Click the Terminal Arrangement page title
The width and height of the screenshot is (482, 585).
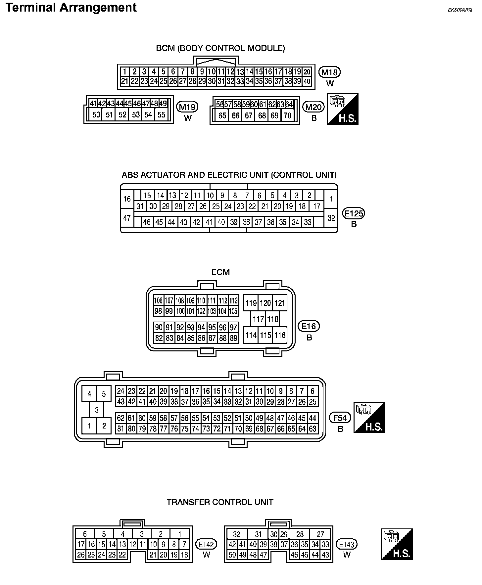71,7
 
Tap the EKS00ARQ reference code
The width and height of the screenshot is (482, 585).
460,10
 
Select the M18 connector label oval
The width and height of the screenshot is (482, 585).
330,72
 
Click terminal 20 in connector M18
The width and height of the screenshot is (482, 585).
307,72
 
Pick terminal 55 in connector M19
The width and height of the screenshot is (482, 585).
161,115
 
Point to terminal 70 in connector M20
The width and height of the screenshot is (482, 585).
287,115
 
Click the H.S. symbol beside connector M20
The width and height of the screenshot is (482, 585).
343,109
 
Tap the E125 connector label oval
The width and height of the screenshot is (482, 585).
354,214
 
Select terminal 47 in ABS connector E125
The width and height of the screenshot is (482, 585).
127,218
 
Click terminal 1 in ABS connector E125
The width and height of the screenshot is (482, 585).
331,199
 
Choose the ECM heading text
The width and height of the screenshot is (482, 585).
220,272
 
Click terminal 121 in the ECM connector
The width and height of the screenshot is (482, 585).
280,303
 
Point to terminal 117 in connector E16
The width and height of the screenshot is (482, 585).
258,319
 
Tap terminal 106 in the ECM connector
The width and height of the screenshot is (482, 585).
159,300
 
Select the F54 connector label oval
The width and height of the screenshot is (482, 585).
340,418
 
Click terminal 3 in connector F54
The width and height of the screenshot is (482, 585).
97,410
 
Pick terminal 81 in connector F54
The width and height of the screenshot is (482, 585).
120,429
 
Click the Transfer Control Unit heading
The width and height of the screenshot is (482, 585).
220,502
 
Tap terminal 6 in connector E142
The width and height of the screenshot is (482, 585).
85,534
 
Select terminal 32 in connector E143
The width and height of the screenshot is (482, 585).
236,534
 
